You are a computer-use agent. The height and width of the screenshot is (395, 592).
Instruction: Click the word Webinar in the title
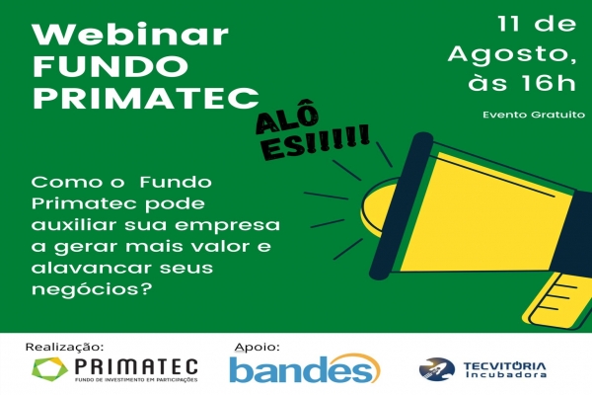click(x=130, y=35)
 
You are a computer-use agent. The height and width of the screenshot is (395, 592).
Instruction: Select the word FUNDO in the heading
click(x=111, y=66)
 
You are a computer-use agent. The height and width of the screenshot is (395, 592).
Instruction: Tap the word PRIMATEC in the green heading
click(x=146, y=98)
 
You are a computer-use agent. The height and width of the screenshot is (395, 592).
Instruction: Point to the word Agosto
click(x=512, y=54)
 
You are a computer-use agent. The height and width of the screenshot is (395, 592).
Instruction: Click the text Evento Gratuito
click(x=534, y=115)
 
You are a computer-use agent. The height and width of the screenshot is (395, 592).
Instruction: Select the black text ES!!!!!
click(x=316, y=143)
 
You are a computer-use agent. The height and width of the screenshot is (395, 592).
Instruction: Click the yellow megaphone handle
click(x=558, y=300)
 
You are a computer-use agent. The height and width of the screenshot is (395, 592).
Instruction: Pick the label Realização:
click(x=64, y=347)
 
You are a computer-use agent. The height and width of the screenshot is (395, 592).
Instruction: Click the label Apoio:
click(x=257, y=347)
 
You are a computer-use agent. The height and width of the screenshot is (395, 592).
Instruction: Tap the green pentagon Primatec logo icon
click(x=50, y=369)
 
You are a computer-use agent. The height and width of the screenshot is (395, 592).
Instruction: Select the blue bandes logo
click(x=305, y=368)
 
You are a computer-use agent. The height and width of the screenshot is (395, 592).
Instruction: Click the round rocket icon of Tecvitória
click(x=437, y=369)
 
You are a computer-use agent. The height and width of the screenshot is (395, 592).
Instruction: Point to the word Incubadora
click(x=505, y=374)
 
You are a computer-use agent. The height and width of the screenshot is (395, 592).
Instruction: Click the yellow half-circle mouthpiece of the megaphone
click(x=378, y=207)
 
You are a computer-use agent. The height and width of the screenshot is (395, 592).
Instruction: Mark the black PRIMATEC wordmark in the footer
click(x=136, y=366)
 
